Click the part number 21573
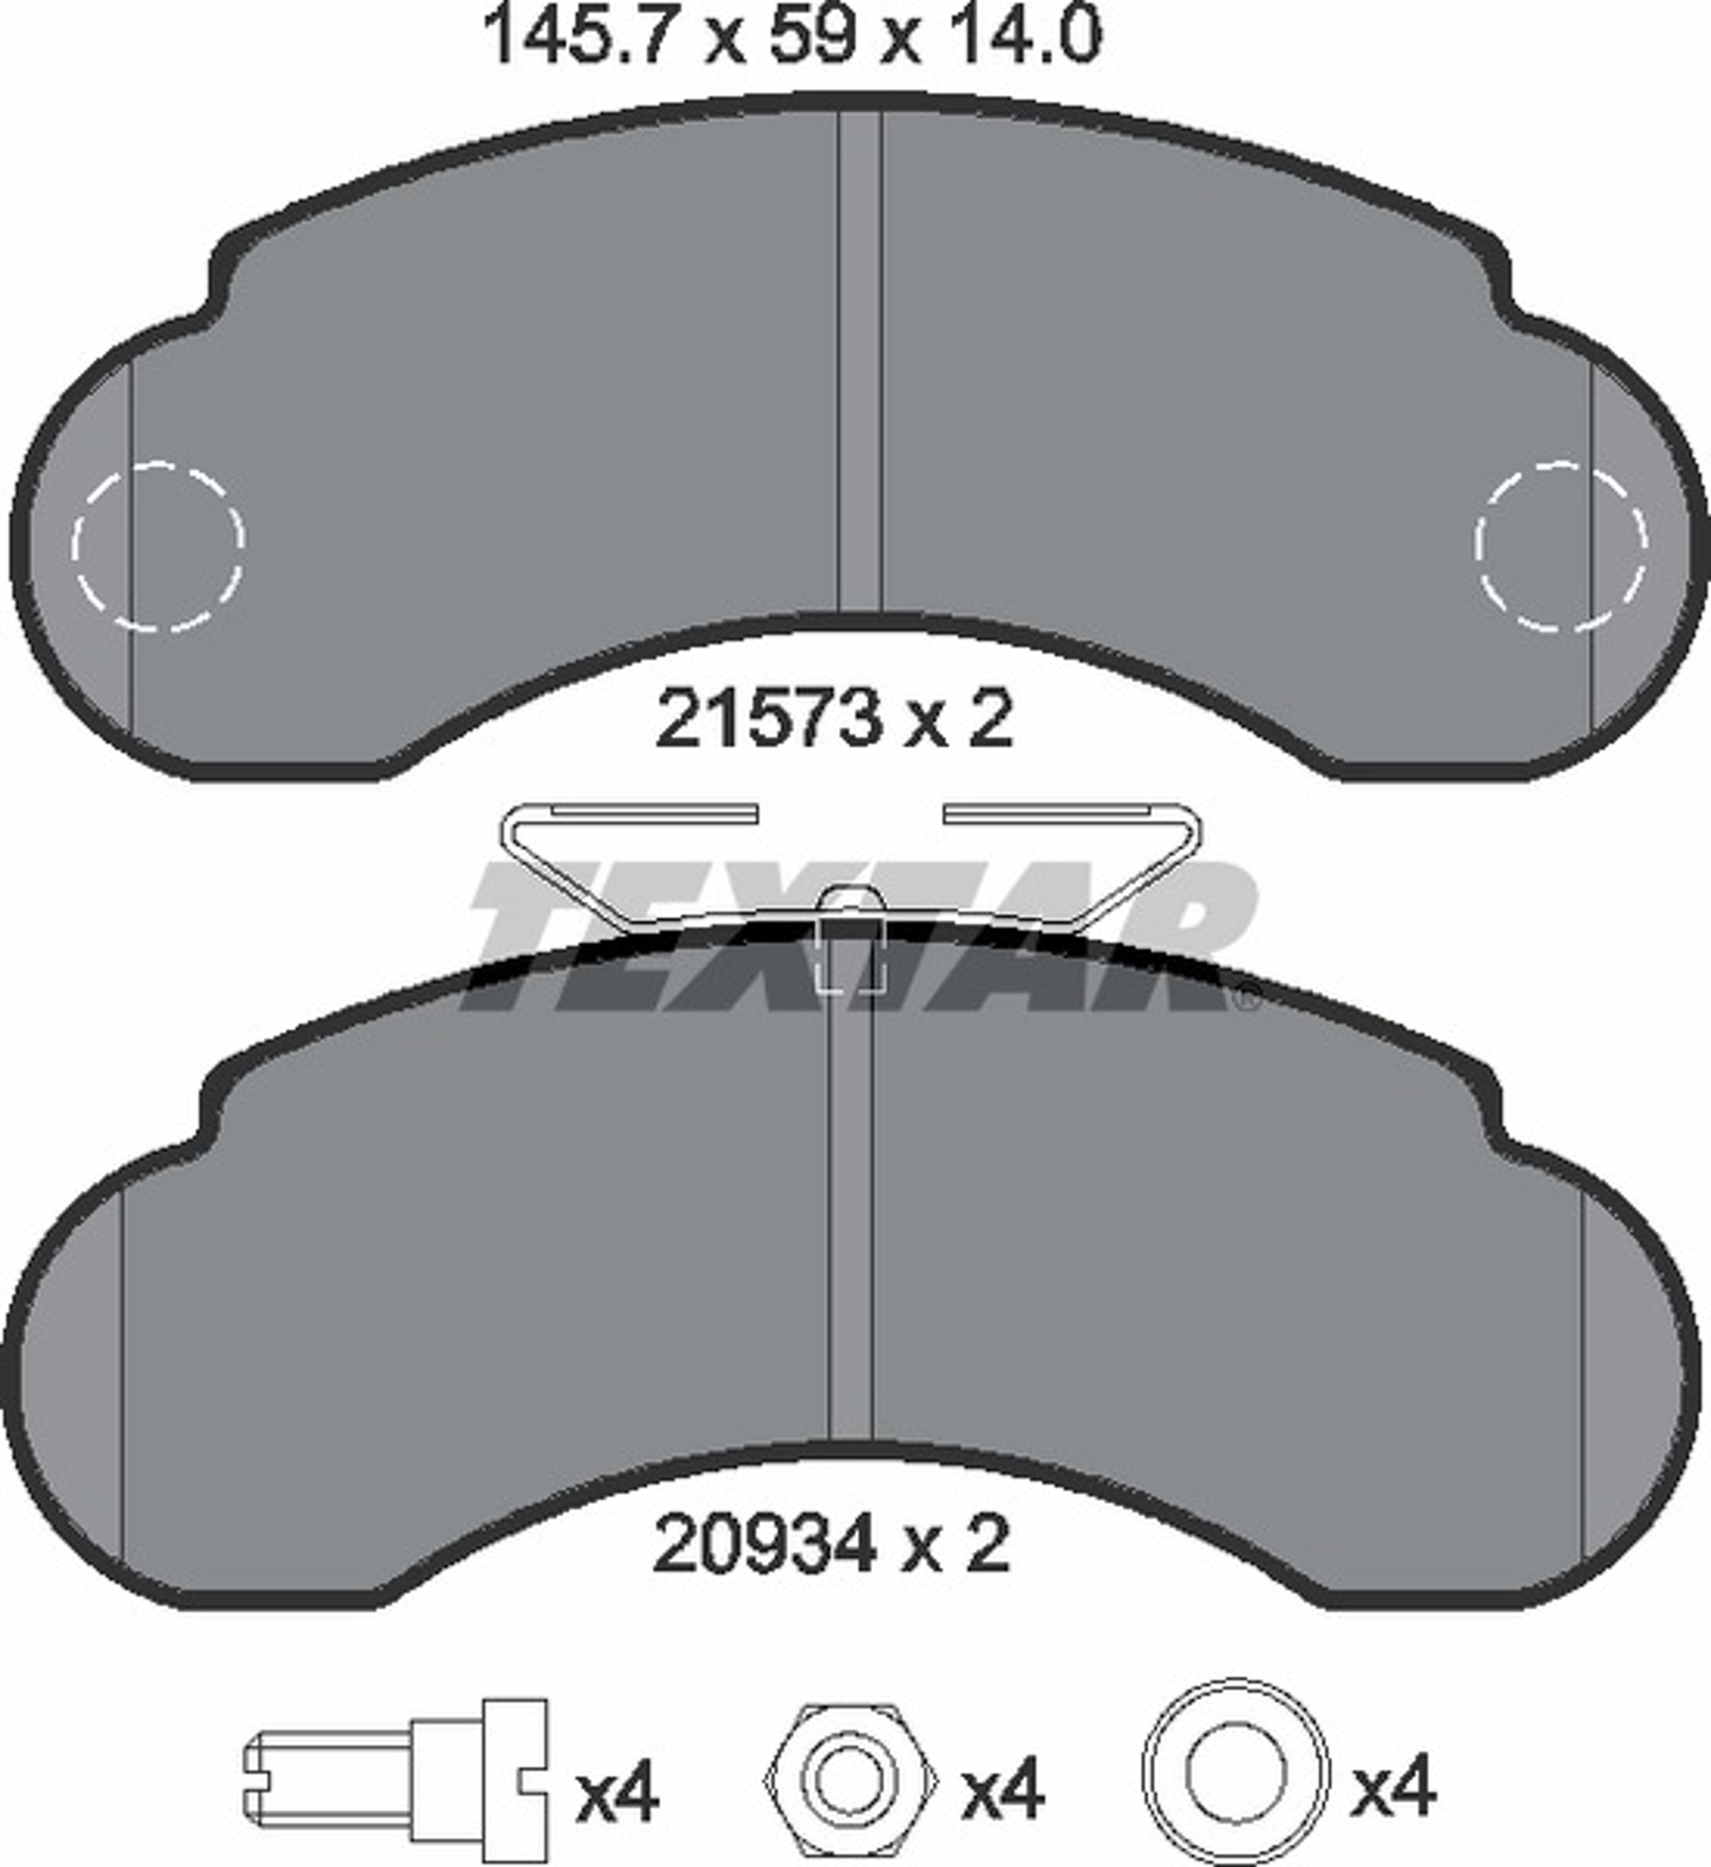pos(766,720)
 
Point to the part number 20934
pos(765,1544)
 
